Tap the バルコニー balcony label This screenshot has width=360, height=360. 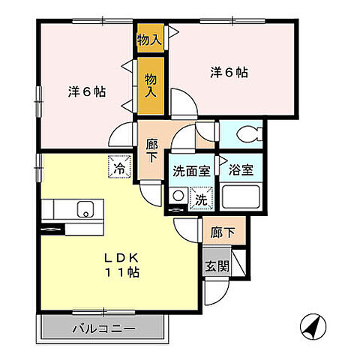(x=103, y=328)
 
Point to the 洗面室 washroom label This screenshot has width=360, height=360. (x=190, y=169)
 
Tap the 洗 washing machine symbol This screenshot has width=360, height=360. (x=201, y=199)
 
